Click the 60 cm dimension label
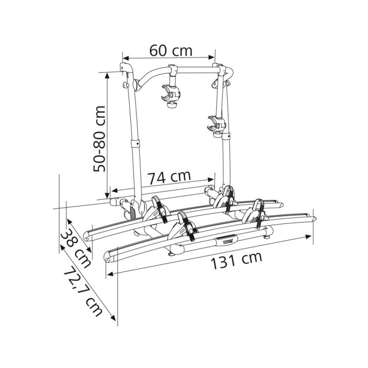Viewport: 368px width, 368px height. click(171, 50)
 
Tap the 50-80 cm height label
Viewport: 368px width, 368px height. click(99, 139)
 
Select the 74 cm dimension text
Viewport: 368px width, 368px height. click(169, 178)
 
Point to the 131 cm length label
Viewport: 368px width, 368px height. click(237, 260)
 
